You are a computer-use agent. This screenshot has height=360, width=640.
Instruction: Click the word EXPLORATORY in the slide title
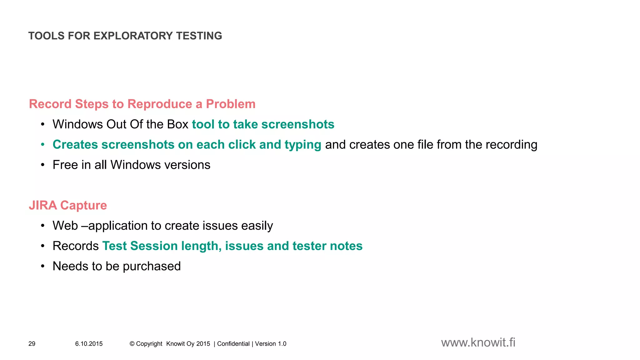tap(133, 36)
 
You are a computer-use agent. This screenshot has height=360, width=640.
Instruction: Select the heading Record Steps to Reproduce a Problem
tap(142, 104)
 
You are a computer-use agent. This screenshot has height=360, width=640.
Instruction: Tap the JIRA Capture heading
tap(68, 205)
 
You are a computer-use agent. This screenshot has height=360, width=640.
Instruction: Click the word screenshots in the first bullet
tap(298, 124)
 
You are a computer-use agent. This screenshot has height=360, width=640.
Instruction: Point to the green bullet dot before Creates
tap(43, 145)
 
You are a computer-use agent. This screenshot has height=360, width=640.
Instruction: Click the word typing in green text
tap(303, 145)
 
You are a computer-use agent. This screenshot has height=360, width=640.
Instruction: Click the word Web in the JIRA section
tap(65, 226)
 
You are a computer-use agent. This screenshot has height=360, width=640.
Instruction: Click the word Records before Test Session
tap(76, 246)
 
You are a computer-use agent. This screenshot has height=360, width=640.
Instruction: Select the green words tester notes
tap(327, 246)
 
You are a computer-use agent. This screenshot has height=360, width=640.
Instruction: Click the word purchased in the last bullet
tap(152, 266)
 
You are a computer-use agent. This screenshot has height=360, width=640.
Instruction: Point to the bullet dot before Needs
tap(43, 266)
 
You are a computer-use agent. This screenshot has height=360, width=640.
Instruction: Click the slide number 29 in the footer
tap(32, 344)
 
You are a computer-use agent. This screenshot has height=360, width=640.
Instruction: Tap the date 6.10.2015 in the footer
tap(89, 344)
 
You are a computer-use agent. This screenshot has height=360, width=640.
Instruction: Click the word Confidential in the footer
tap(233, 344)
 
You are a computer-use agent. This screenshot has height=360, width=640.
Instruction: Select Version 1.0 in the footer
tap(271, 344)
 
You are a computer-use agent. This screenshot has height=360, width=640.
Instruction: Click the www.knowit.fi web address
tap(478, 343)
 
